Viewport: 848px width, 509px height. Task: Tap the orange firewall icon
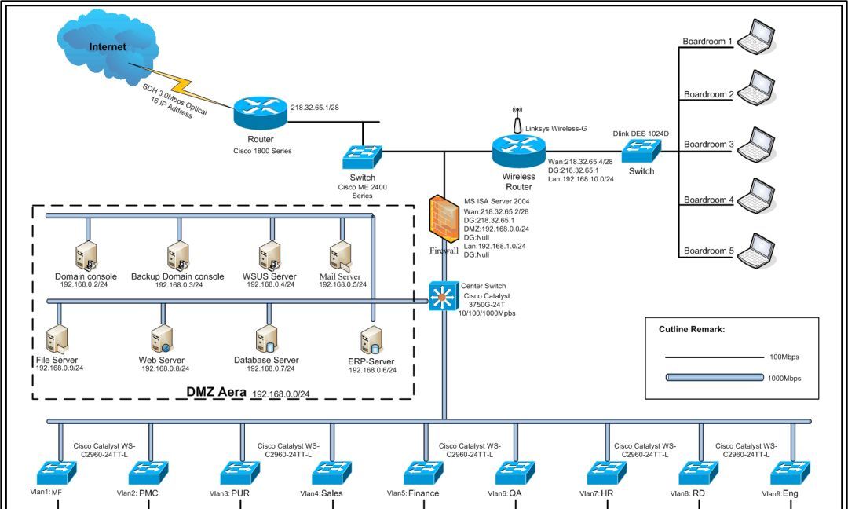[x=444, y=220]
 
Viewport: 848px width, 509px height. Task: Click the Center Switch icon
[x=444, y=296]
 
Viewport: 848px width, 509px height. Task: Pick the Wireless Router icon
[x=518, y=150]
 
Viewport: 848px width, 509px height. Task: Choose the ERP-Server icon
[x=371, y=341]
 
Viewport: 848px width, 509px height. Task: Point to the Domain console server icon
[x=86, y=256]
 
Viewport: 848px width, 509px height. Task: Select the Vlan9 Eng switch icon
[x=789, y=473]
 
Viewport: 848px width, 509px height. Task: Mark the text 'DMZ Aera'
[x=216, y=391]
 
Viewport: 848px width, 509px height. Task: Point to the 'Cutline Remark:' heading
[x=691, y=330]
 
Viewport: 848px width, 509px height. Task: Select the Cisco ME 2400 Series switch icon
[x=362, y=156]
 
